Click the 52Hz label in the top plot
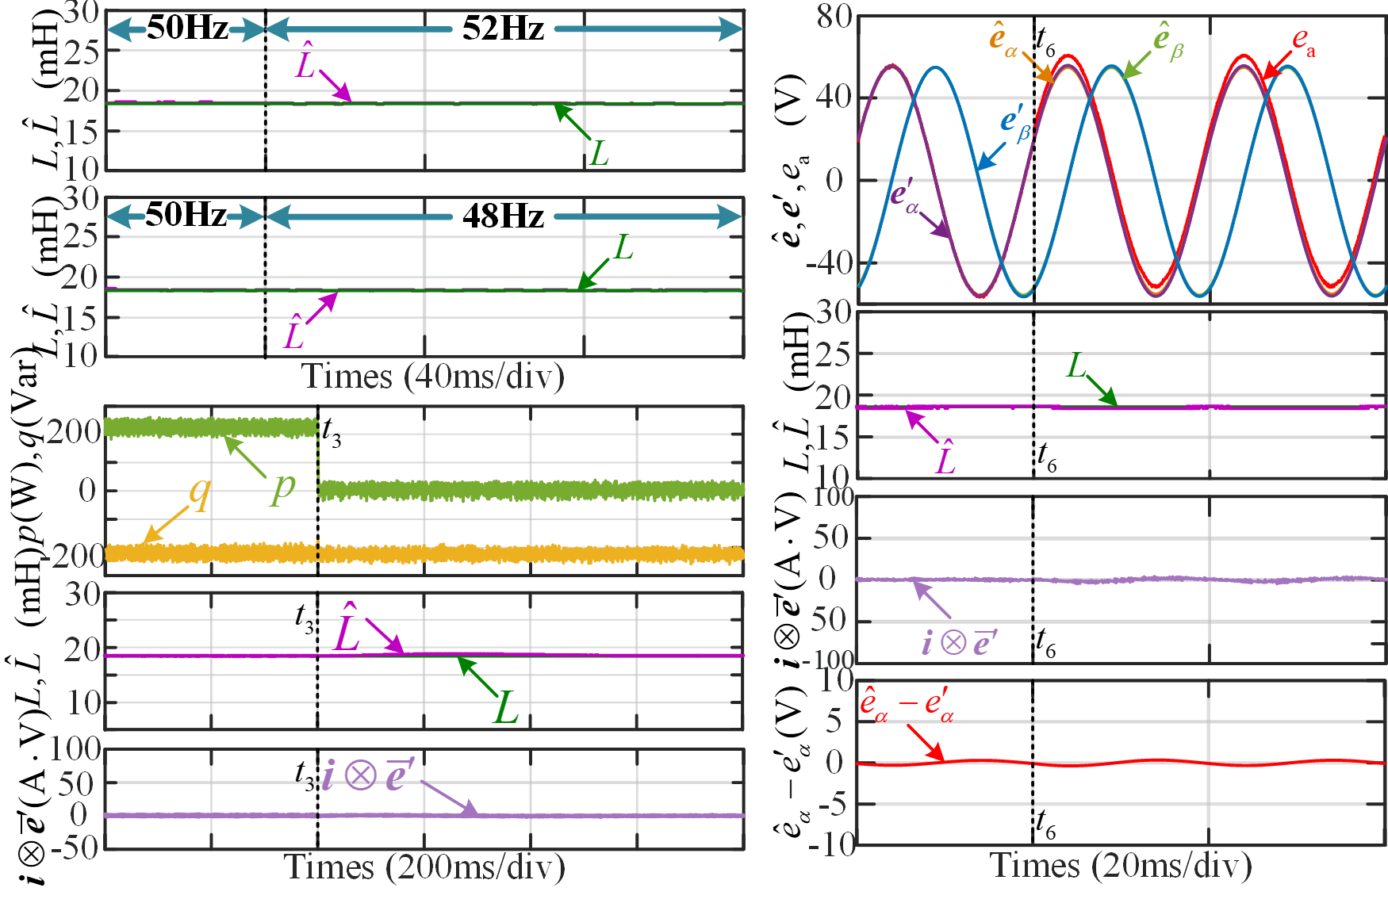(x=503, y=29)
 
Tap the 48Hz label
(x=503, y=216)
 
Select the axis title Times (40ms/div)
(x=433, y=376)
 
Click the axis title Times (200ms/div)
(x=425, y=867)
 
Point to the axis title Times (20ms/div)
(x=1121, y=865)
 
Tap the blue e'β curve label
(x=1015, y=124)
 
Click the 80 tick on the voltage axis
(x=834, y=16)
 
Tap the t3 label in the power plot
(x=332, y=432)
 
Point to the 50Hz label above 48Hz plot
(x=186, y=215)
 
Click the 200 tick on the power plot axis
(x=74, y=432)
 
